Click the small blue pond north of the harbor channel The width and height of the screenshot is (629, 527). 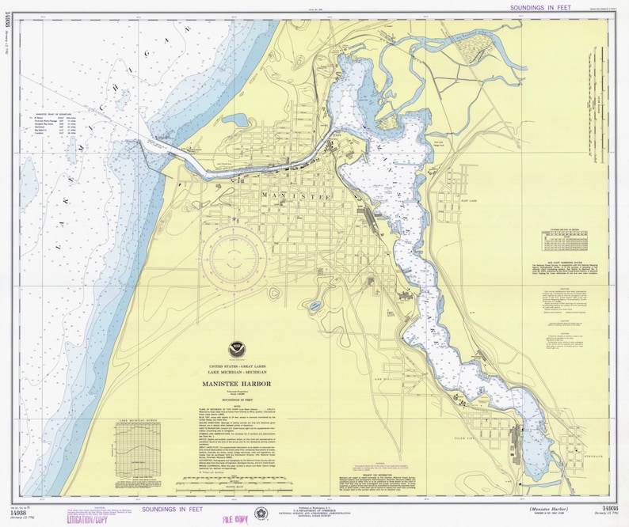pos(236,120)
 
